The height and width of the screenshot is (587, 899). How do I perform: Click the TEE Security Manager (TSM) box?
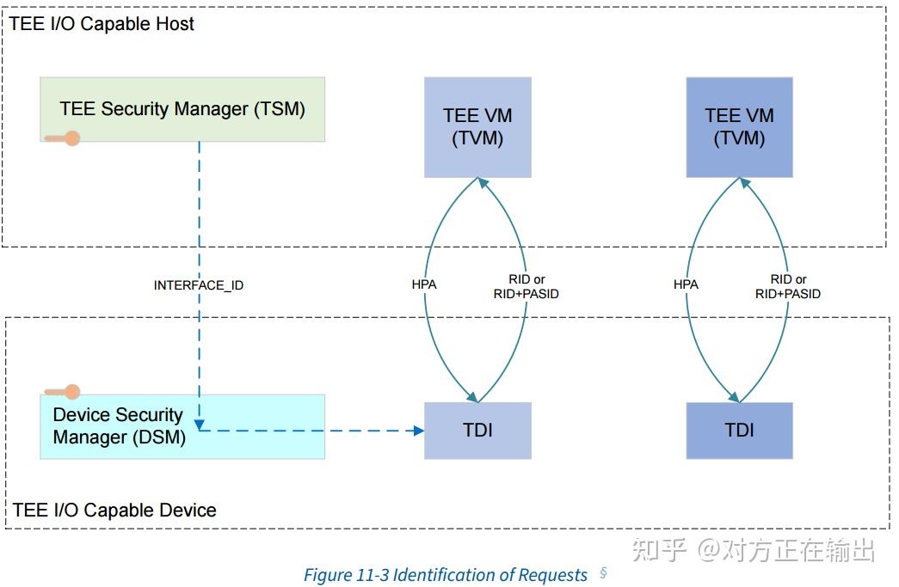(x=182, y=109)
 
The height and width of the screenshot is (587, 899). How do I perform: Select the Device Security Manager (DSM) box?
(x=182, y=426)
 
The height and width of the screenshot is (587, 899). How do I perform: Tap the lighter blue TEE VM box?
(x=477, y=127)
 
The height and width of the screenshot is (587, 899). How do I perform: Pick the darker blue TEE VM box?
(x=739, y=127)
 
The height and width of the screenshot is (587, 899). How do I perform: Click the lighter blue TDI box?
(x=477, y=430)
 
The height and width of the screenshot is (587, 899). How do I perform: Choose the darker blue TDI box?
(x=739, y=430)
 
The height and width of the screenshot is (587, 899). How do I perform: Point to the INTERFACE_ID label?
(x=198, y=284)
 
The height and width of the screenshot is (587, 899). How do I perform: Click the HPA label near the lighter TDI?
(x=424, y=284)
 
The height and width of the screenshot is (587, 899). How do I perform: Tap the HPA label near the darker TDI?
(x=686, y=284)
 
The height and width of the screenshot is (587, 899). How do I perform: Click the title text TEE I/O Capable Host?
(x=102, y=24)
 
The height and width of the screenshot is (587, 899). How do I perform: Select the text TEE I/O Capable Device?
(x=114, y=511)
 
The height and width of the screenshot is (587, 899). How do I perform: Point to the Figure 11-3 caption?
(x=446, y=575)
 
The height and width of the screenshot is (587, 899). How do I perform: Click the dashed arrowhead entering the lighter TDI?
(x=419, y=430)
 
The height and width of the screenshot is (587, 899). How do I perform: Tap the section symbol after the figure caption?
(x=603, y=573)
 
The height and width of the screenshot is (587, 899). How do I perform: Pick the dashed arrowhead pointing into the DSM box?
(x=199, y=425)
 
